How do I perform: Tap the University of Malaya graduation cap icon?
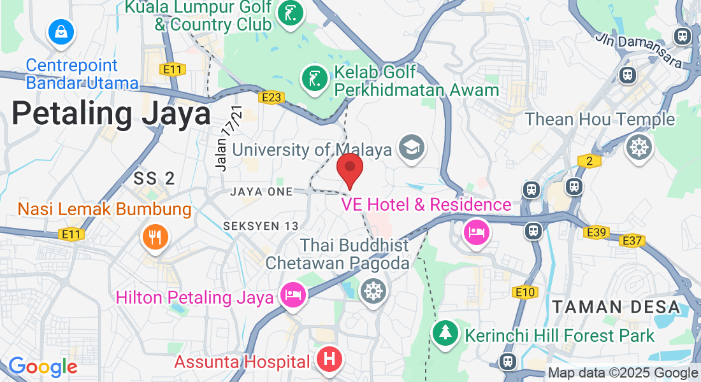click(x=411, y=148)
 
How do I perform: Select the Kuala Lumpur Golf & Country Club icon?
click(x=290, y=15)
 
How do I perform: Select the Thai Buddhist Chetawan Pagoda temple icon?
click(x=373, y=291)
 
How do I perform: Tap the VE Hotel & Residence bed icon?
click(x=476, y=231)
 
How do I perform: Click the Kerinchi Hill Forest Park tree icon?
click(x=445, y=333)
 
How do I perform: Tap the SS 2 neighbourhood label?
click(x=154, y=178)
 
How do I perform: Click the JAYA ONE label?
click(x=262, y=192)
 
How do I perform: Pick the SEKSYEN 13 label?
click(x=261, y=226)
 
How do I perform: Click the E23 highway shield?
click(x=271, y=97)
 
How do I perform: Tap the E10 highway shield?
click(x=525, y=292)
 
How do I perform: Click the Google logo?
click(x=42, y=367)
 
